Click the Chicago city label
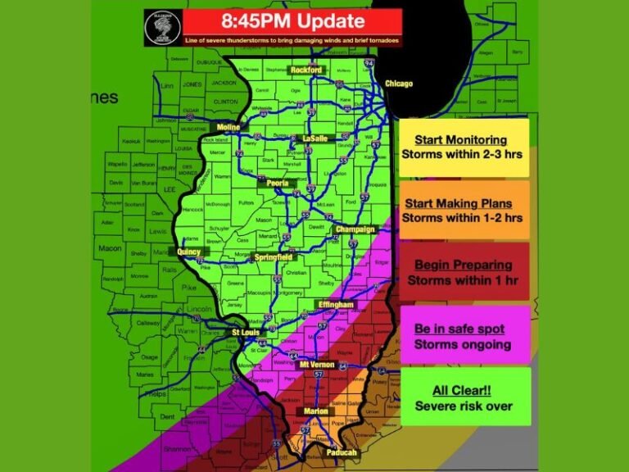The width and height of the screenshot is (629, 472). tap(399, 84)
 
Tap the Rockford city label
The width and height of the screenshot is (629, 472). tap(305, 70)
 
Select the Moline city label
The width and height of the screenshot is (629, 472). tap(229, 128)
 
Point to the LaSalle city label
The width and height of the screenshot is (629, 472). tap(314, 138)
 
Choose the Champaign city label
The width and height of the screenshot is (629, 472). tap(355, 229)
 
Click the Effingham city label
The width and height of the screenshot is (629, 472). tap(336, 305)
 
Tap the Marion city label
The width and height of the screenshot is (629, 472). tap(315, 411)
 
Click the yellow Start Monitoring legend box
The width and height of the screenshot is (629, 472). tap(464, 147)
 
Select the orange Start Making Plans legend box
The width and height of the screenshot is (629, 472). tap(464, 211)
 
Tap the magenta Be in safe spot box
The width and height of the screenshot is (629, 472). tap(464, 336)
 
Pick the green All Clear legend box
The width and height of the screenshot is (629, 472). tap(464, 398)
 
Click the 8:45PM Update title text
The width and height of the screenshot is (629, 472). tap(292, 21)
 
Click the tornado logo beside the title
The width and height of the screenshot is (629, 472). tap(163, 28)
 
